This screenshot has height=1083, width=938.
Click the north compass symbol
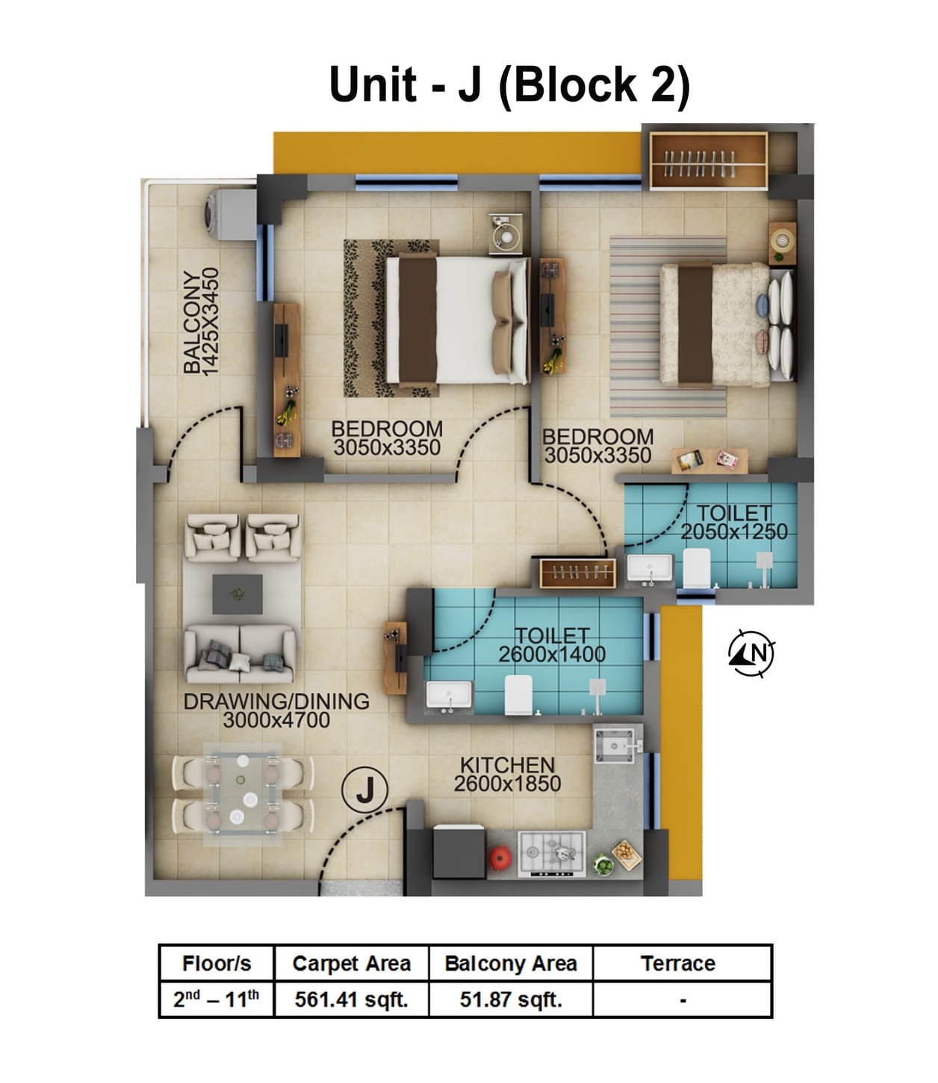pos(751,654)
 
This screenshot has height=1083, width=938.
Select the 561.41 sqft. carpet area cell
pos(351,999)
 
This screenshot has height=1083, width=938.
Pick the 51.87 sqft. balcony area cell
pos(511,999)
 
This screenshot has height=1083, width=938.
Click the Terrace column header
pos(677,963)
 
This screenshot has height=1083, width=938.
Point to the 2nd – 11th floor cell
pos(217,999)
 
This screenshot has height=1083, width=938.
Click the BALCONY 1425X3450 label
pos(201,321)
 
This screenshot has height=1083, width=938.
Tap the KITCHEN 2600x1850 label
pos(507,775)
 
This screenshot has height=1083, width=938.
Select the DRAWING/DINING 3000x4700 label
pos(276,710)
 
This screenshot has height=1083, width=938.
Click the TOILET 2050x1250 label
pos(733,522)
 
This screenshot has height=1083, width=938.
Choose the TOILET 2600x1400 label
pos(552,645)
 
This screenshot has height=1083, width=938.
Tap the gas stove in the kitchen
pos(551,851)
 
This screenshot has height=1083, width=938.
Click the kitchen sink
pos(616,745)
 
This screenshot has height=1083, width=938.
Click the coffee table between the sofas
pos(237,594)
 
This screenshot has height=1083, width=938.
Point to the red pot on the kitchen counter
pos(499,857)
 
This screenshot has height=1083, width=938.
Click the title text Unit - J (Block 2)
pos(509,84)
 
